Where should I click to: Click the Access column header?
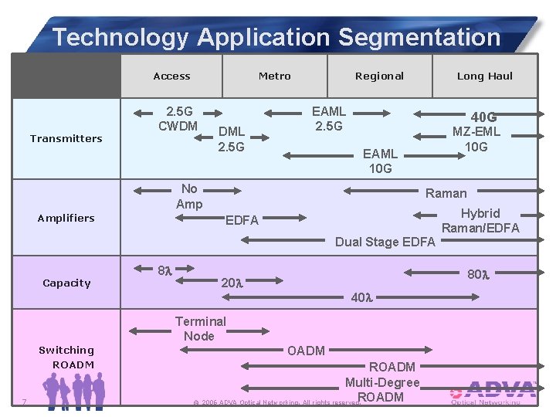[171, 76]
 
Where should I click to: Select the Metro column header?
[274, 76]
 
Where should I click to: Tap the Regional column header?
[379, 76]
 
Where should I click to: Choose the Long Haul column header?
[485, 76]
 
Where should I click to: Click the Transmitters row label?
[66, 138]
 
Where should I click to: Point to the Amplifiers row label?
[66, 218]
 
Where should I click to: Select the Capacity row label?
[66, 283]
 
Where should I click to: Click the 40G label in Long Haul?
[483, 117]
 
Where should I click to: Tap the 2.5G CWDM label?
[178, 118]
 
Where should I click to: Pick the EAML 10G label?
[380, 161]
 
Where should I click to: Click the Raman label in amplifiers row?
[446, 193]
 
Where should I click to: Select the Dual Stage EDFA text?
[385, 242]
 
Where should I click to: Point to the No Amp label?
[189, 196]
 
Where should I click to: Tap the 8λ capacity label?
[164, 271]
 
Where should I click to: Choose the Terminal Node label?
[200, 328]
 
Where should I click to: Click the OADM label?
[306, 351]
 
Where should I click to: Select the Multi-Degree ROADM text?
[381, 390]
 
